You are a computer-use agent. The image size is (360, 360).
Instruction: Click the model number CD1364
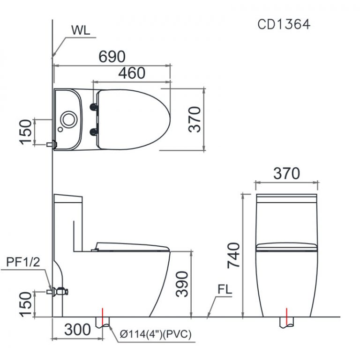(x=284, y=24)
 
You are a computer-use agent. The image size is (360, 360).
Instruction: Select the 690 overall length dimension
(x=112, y=57)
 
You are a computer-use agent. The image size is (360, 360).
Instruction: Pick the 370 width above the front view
(x=286, y=173)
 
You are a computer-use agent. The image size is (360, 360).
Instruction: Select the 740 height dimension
(x=234, y=255)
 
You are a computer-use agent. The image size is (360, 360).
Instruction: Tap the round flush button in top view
(x=68, y=119)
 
